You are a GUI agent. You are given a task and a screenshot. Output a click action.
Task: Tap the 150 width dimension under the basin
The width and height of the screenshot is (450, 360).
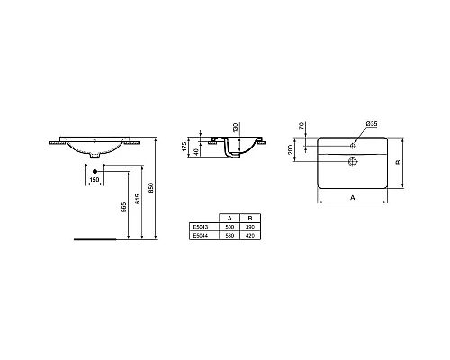(x=94, y=178)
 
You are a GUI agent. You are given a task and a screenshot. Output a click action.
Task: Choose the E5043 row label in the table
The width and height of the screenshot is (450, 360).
(x=200, y=228)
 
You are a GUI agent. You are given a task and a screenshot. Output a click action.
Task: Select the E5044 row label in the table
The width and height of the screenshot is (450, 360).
(x=200, y=236)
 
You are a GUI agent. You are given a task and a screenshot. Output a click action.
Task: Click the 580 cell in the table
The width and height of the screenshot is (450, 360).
(x=229, y=236)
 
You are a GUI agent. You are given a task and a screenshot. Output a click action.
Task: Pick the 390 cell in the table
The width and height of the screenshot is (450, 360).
(x=248, y=228)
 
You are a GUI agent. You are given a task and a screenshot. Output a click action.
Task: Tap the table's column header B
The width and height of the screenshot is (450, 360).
(x=248, y=219)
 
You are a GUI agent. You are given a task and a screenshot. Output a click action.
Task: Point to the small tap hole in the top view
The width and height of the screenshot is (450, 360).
(x=354, y=141)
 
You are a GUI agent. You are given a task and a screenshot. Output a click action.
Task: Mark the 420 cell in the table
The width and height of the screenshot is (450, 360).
(x=248, y=236)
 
